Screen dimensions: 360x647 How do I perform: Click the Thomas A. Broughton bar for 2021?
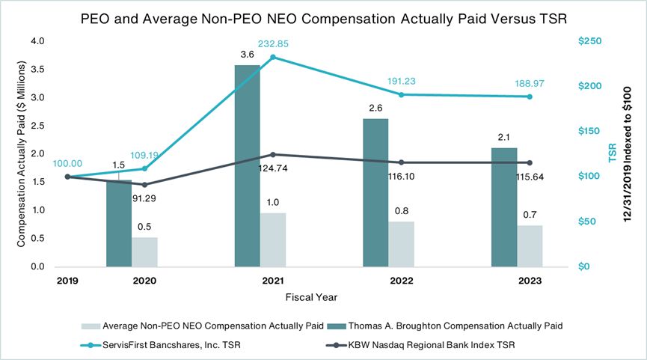[x=248, y=165]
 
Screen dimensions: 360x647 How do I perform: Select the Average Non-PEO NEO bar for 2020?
[x=144, y=251]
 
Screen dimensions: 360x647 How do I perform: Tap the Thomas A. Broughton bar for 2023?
[x=504, y=207]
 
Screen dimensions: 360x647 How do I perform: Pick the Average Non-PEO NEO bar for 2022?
[x=401, y=244]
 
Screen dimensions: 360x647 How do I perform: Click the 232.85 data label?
[x=273, y=44]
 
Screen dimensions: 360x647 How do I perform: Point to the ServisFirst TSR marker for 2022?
[x=402, y=94]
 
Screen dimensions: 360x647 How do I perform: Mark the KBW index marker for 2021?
[x=273, y=154]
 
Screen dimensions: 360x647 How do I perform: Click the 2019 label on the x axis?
[x=68, y=281]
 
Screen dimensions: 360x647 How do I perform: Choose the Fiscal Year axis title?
[x=311, y=297]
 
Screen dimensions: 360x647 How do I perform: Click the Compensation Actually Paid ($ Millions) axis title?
[x=24, y=153]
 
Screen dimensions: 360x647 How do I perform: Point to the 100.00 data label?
[x=67, y=162]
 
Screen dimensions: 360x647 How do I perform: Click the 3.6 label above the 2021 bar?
[x=248, y=55]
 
